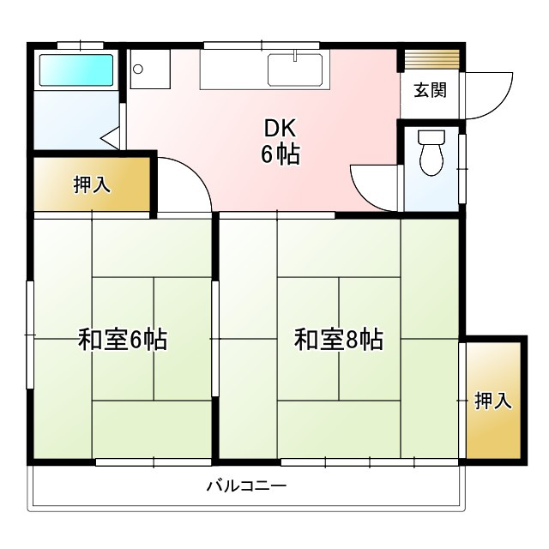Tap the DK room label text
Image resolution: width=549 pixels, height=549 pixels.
click(279, 130)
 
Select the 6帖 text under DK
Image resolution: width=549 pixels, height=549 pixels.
click(281, 155)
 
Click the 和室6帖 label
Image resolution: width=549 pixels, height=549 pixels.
click(123, 340)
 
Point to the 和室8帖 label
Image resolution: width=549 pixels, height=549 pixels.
click(338, 340)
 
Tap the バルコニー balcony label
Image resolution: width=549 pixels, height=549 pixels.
click(246, 486)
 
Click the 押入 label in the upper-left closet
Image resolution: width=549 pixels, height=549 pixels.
click(92, 184)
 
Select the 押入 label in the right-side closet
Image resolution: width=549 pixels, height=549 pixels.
click(493, 400)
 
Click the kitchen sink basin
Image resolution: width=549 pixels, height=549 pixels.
click(294, 70)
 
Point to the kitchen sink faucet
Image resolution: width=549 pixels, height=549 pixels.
click(294, 57)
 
